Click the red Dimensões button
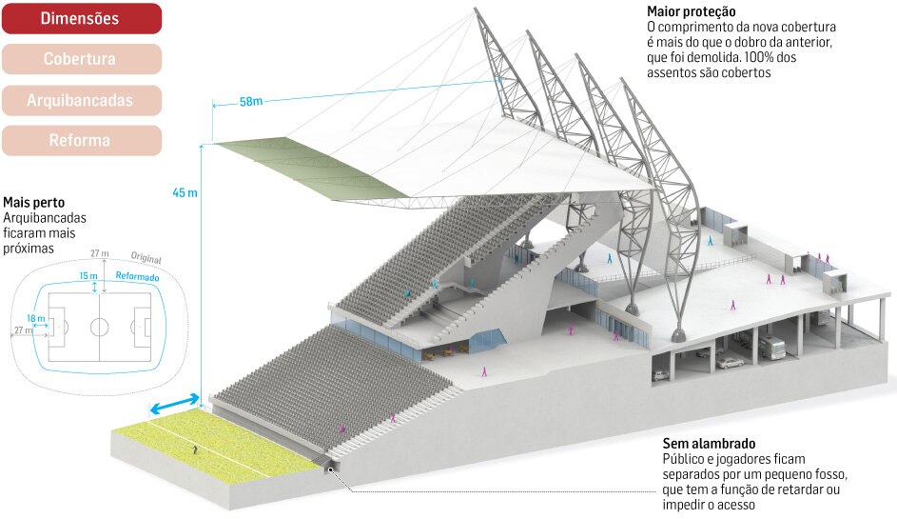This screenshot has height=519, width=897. coord(81,18)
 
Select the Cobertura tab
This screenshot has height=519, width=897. coord(81,59)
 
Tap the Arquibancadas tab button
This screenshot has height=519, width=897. coord(81,100)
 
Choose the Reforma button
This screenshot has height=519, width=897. coord(81,141)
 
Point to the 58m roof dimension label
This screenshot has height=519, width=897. coord(251,102)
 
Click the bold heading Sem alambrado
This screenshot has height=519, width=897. coord(709,444)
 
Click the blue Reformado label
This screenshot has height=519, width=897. coord(137,276)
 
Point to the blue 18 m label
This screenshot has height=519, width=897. coord(37,318)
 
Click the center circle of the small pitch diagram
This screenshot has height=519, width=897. coord(100,327)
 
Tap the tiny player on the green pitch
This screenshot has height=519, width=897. coord(196,448)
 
